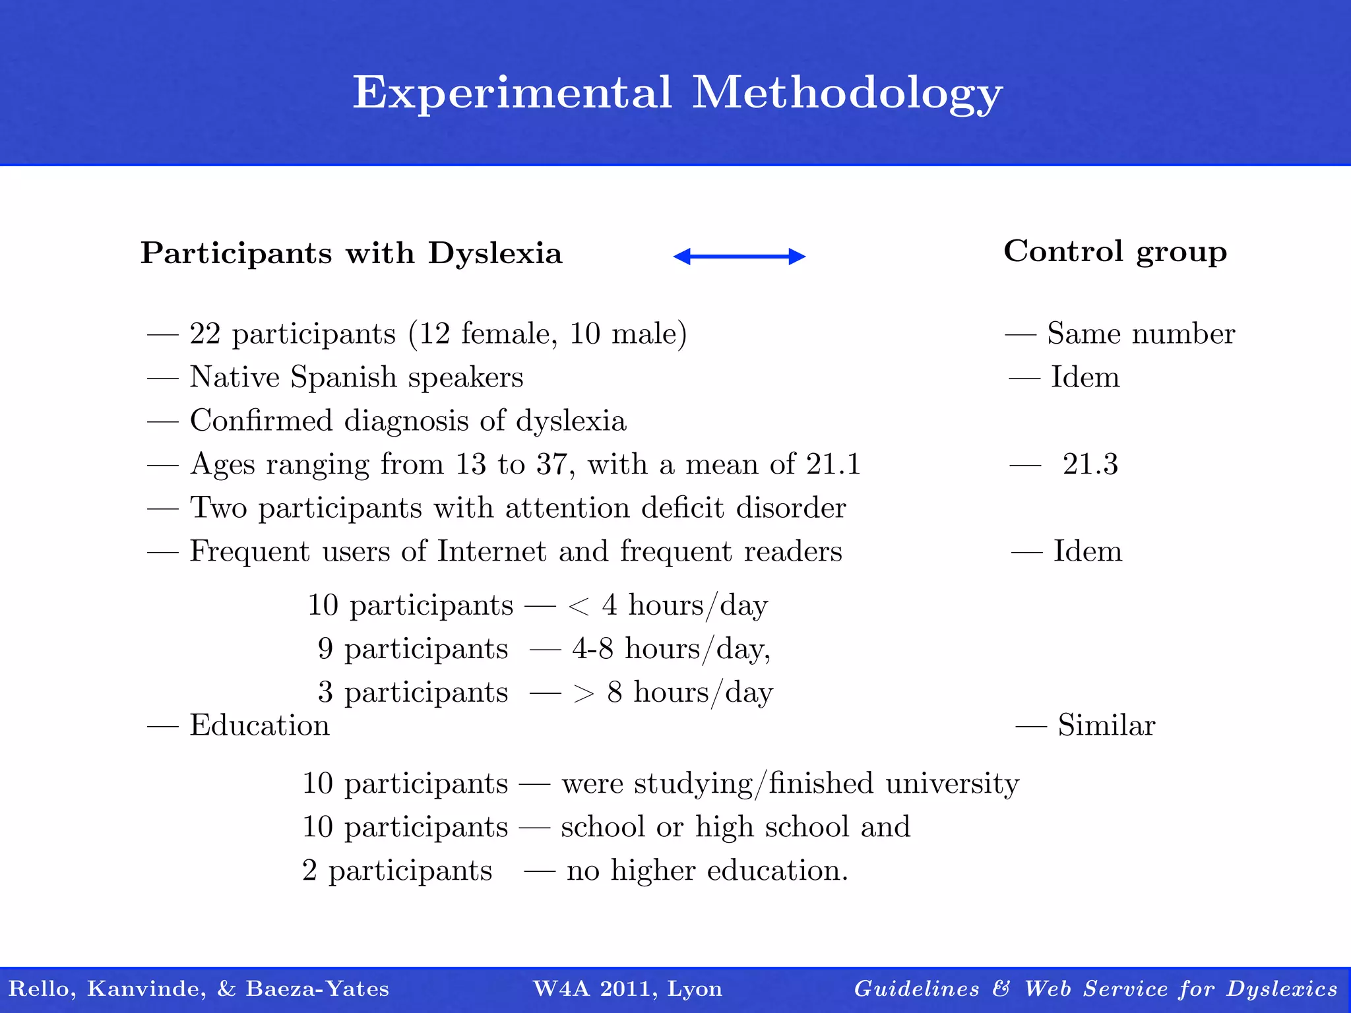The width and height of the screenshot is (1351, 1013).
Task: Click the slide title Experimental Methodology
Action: [677, 93]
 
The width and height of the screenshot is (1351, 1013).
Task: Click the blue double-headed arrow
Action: [739, 257]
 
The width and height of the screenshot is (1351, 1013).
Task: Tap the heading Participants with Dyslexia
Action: [351, 254]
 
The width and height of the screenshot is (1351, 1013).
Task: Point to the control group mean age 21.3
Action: [1090, 464]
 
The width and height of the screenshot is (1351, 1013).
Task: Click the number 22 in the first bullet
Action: [204, 334]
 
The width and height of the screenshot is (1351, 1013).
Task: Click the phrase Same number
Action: [1141, 334]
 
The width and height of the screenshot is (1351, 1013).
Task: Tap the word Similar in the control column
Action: [1106, 725]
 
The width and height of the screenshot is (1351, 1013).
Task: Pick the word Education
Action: [259, 725]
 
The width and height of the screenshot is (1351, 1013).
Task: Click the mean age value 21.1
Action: [834, 464]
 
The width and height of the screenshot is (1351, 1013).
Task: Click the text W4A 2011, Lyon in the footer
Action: [627, 989]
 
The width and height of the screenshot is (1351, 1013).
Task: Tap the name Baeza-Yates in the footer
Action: [317, 989]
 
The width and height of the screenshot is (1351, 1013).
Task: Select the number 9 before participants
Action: [325, 649]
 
